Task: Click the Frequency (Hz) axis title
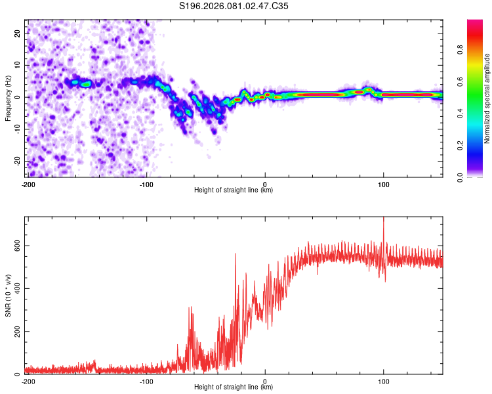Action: (x=9, y=97)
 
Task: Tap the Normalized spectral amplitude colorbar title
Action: (x=487, y=98)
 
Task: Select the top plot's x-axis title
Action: (x=234, y=190)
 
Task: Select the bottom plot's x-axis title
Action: (x=234, y=387)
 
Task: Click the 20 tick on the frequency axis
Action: (x=18, y=33)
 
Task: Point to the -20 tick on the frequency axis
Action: (x=16, y=161)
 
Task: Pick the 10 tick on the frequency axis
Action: (x=18, y=65)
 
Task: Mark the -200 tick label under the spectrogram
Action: (x=28, y=184)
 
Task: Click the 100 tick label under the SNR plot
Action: (x=383, y=381)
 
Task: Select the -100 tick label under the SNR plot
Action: (x=146, y=381)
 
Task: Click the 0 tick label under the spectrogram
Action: (x=265, y=184)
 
